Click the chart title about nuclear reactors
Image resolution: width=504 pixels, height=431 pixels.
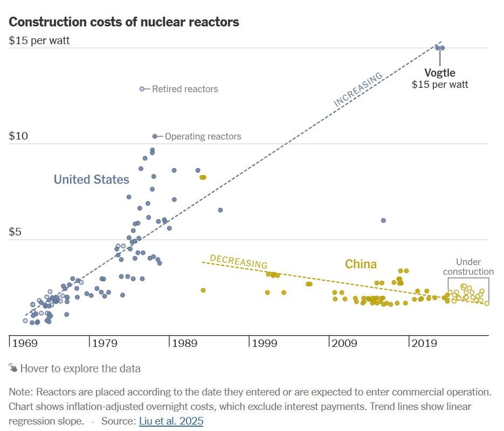124,22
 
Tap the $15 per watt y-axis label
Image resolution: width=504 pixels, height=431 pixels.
39,40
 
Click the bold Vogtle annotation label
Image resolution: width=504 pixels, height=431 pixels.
440,73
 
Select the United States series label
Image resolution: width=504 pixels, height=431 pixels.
92,179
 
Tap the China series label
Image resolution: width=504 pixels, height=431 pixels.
361,264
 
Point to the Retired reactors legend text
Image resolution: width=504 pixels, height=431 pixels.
185,89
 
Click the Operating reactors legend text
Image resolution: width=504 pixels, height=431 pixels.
203,136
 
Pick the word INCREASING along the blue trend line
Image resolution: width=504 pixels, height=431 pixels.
358,89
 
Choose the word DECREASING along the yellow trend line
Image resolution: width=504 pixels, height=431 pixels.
238,261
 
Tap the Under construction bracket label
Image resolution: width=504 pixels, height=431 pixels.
467,267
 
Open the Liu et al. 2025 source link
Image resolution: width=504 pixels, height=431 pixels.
171,421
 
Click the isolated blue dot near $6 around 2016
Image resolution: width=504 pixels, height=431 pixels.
383,220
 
